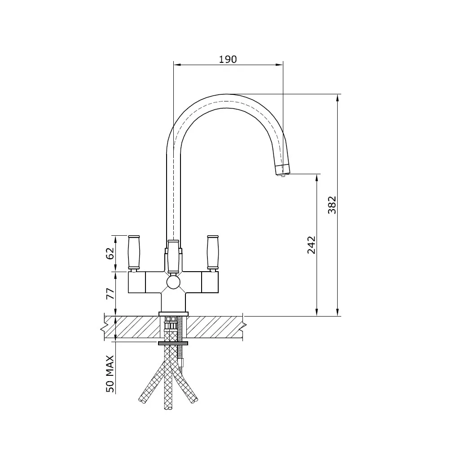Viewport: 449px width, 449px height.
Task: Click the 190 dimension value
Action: [x=228, y=59]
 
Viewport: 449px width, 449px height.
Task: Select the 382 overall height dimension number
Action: [x=332, y=205]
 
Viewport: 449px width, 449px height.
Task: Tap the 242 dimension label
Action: [x=312, y=245]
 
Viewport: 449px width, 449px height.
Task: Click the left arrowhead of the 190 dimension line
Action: [x=176, y=65]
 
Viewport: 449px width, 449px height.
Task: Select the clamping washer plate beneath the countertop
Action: [x=173, y=343]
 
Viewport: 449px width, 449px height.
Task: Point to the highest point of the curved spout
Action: [x=228, y=94]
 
